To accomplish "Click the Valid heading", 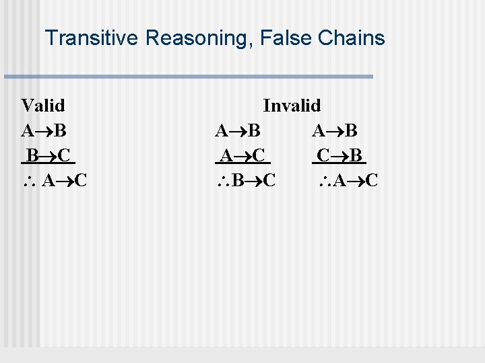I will [x=43, y=106].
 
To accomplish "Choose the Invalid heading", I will [x=292, y=106].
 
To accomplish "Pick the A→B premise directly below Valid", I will [x=43, y=130].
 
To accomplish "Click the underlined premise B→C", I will [x=47, y=156].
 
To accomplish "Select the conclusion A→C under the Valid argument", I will [x=64, y=181].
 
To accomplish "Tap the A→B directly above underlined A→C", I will [x=238, y=130].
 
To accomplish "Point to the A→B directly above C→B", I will [x=334, y=130].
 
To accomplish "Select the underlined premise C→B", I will [x=339, y=156].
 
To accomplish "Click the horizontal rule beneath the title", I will [x=188, y=77].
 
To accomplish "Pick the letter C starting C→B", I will [x=323, y=156].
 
